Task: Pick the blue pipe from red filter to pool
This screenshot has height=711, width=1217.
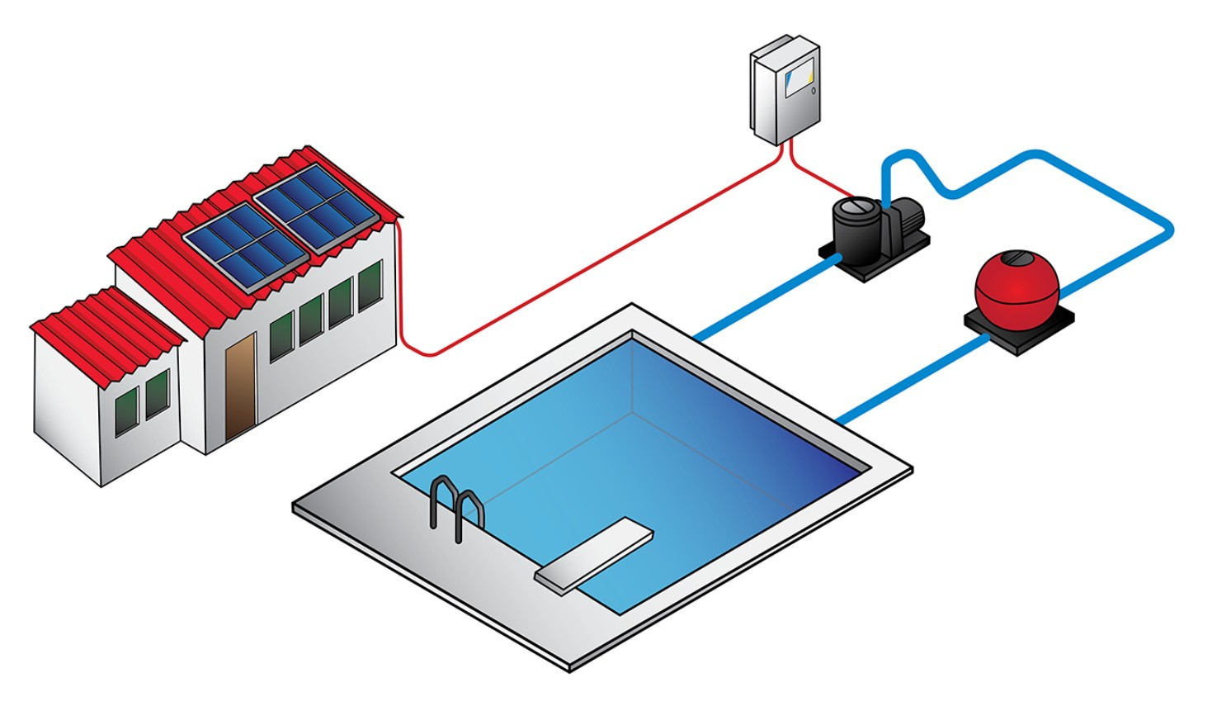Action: click(x=908, y=379)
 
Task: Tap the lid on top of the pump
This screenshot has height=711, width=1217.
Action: click(x=857, y=206)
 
